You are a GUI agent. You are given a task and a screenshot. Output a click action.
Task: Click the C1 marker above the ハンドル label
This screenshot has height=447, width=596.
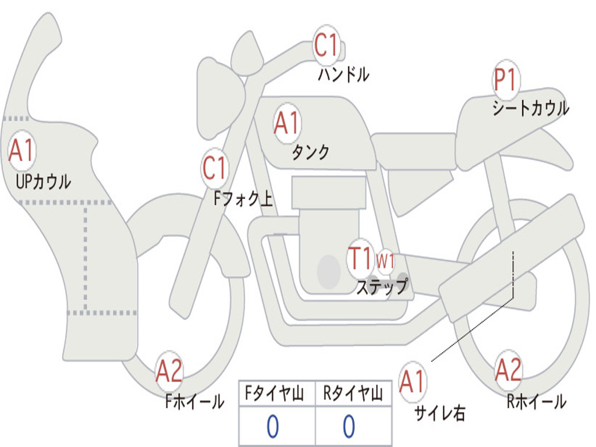click(x=327, y=45)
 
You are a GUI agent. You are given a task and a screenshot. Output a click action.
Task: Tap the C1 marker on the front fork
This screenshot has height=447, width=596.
click(x=215, y=168)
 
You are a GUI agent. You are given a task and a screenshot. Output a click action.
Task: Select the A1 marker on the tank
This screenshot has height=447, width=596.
click(x=288, y=123)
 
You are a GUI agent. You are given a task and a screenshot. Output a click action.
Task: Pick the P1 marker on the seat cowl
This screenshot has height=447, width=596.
click(x=506, y=80)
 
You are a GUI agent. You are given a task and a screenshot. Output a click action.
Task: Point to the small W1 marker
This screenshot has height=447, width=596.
click(x=385, y=261)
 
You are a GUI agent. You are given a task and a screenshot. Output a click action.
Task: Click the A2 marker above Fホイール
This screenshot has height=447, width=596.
click(x=169, y=371)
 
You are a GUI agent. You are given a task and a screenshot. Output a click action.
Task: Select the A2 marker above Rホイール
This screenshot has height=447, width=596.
click(x=509, y=370)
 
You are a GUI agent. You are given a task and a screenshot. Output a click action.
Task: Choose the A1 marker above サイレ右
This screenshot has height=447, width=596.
click(x=413, y=381)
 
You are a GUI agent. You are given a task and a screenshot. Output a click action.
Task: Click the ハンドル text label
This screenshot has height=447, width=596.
click(x=343, y=74)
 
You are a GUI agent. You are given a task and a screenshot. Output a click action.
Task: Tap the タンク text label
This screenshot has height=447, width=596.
click(x=311, y=152)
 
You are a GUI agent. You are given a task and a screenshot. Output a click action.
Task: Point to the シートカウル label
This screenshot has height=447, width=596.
click(x=531, y=108)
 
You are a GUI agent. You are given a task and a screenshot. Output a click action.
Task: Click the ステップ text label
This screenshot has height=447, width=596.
click(x=382, y=286)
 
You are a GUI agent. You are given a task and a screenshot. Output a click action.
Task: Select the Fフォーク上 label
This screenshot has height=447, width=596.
click(x=243, y=198)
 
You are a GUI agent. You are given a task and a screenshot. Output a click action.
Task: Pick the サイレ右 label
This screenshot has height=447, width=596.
click(x=440, y=413)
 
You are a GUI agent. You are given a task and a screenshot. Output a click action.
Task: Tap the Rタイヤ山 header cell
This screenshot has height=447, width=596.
click(x=354, y=393)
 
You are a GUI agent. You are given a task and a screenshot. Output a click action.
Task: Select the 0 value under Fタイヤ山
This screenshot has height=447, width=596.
click(x=273, y=426)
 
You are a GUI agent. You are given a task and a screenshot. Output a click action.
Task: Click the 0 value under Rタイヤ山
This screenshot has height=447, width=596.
click(x=349, y=426)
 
